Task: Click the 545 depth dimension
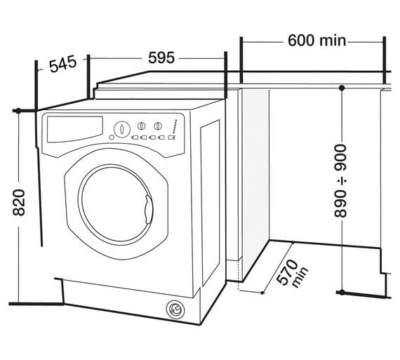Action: (61, 65)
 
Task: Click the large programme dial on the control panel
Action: (122, 129)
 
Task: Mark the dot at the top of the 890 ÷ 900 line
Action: (341, 88)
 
